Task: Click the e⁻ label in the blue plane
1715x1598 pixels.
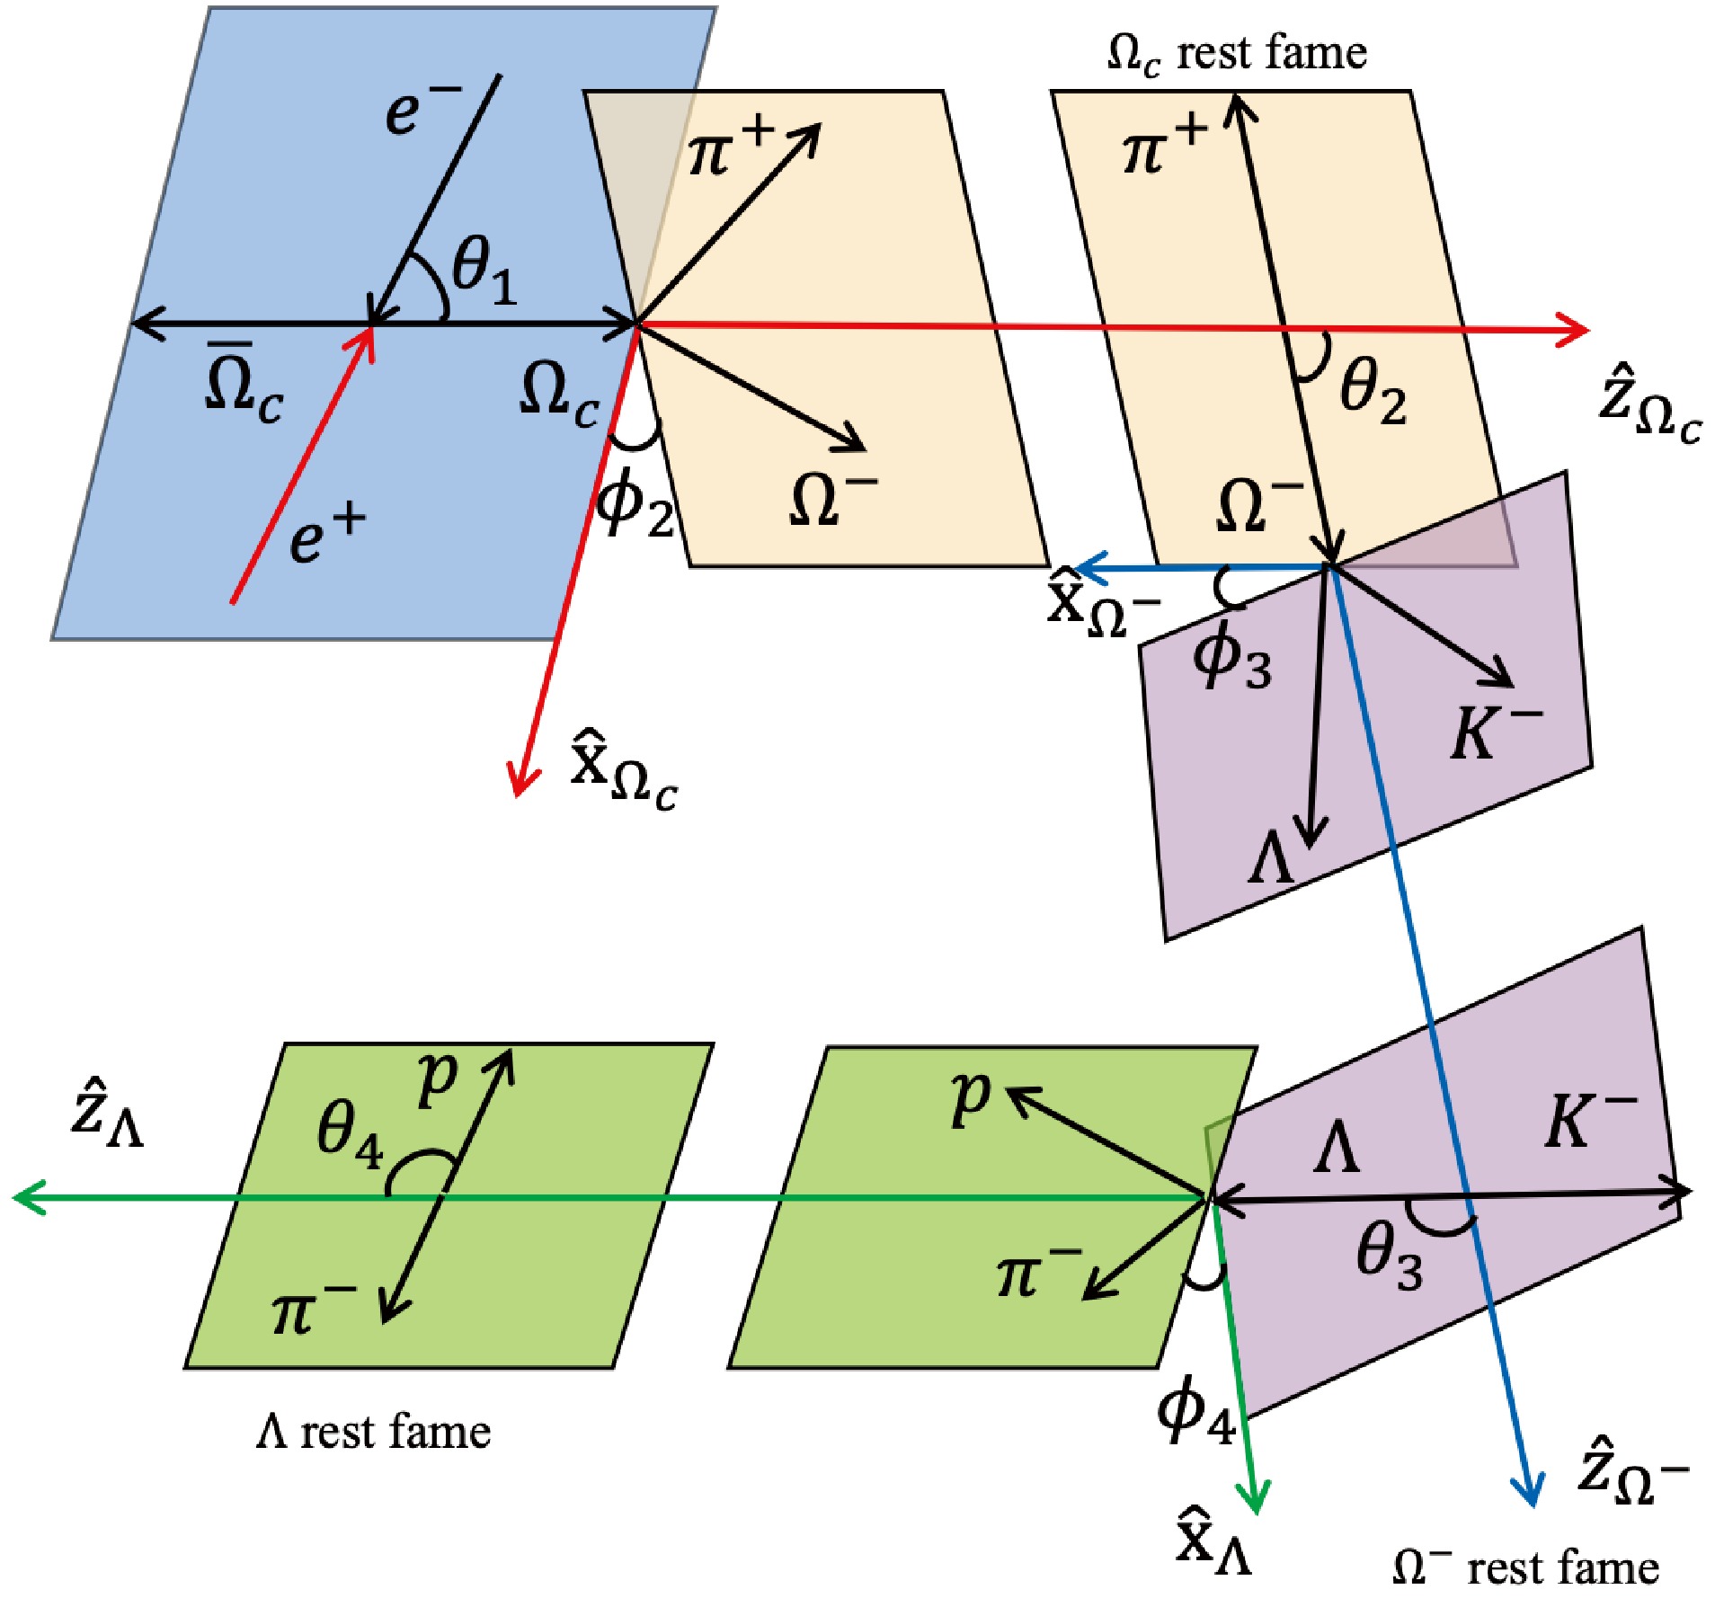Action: click(x=422, y=109)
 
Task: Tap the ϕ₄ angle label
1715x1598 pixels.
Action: click(x=1196, y=1412)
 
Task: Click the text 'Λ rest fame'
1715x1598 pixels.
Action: click(x=374, y=1431)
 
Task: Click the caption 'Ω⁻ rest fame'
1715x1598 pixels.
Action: click(x=1525, y=1567)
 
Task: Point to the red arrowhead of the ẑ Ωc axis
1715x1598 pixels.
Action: click(x=1575, y=330)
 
